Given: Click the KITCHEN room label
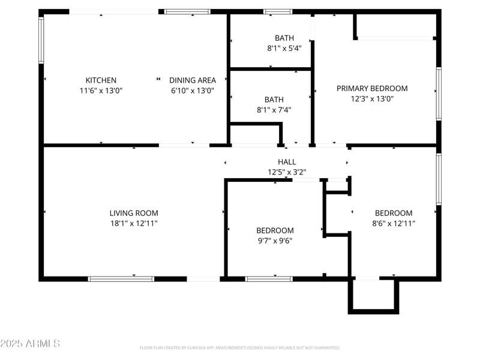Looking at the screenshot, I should (x=101, y=80).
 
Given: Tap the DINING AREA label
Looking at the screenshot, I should (x=192, y=80).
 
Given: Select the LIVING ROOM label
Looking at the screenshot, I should (x=134, y=213).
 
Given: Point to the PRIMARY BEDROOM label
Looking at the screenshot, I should (x=372, y=88).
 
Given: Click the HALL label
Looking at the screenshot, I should (x=287, y=162).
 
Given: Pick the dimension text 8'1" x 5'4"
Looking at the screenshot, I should (x=284, y=48).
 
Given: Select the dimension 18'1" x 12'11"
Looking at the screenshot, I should (x=134, y=223).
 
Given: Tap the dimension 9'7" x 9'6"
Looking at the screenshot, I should (x=275, y=241).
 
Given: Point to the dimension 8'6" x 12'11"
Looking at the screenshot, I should (x=394, y=223).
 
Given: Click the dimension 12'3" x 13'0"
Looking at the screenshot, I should (x=372, y=99).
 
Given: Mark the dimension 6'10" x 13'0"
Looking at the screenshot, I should (x=192, y=91).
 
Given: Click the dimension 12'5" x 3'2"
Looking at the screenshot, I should (x=287, y=172).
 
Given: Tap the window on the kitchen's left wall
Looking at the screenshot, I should (x=41, y=40).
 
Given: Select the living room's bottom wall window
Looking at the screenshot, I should (x=121, y=278).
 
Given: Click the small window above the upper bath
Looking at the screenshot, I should (x=277, y=11).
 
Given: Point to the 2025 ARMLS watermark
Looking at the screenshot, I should (x=30, y=344).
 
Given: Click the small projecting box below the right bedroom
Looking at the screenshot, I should (x=373, y=296).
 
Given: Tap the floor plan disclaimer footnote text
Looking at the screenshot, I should (x=240, y=347).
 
